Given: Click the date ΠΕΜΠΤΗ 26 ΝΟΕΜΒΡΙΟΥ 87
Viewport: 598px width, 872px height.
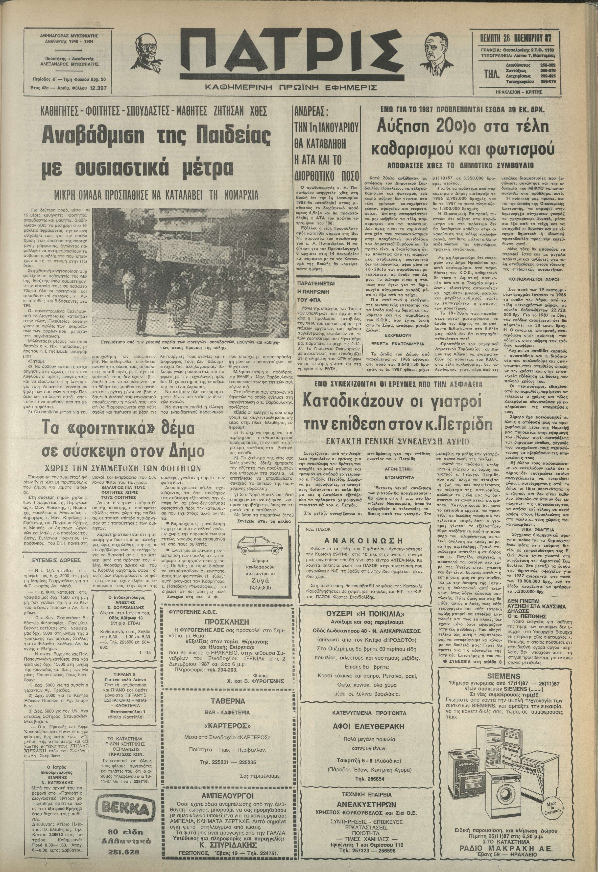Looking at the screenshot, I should (x=518, y=38).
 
